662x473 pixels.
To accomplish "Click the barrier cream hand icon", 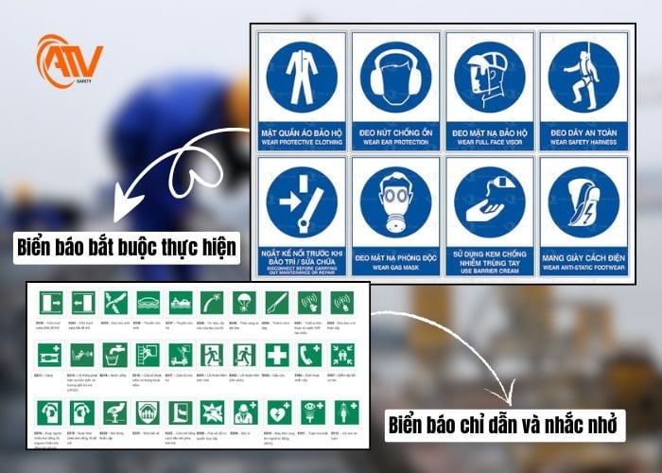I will (x=488, y=202).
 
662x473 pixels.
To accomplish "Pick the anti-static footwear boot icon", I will (x=583, y=202).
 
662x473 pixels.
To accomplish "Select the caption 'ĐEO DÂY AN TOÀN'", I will (x=583, y=134).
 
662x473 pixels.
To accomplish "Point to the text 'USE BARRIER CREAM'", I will (x=488, y=272).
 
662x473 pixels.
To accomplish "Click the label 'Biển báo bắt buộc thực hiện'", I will (x=128, y=250).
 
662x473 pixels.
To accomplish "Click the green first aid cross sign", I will (x=275, y=355).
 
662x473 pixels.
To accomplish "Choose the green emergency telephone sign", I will (x=308, y=355).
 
